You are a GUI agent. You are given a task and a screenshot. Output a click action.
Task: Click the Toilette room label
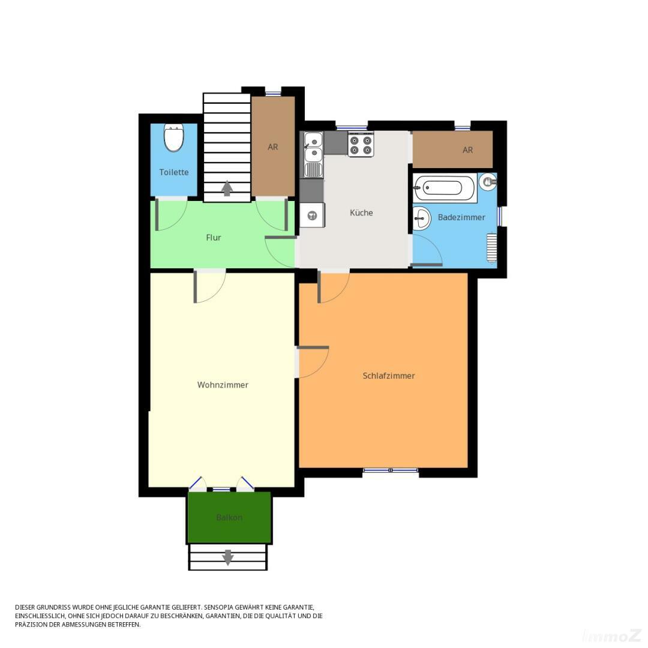[x=174, y=172]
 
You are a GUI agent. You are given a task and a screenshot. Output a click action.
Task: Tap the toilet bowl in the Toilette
[x=174, y=139]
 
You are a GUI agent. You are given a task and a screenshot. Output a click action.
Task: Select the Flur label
[x=214, y=238]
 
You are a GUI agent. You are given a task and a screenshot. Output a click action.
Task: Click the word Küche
[x=361, y=212]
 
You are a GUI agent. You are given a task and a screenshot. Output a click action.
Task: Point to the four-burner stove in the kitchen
[x=361, y=145]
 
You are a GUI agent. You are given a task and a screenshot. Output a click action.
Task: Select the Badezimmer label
[x=461, y=217]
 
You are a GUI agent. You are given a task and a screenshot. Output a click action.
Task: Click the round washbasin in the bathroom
[x=422, y=218]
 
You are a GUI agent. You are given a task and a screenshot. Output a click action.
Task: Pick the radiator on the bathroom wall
[x=492, y=248]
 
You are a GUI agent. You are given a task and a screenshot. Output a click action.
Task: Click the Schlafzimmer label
[x=389, y=376]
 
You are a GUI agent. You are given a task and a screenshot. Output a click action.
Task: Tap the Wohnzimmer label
[x=223, y=385]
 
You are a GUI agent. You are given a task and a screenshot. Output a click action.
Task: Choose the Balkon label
[x=229, y=517]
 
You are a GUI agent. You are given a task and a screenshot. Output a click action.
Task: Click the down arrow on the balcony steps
[x=228, y=557]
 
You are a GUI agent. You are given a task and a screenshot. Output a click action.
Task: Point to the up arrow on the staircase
[x=227, y=188]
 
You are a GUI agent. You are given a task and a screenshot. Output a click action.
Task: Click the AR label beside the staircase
[x=273, y=147]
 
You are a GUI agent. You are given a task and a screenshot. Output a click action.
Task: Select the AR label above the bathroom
[x=468, y=150]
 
